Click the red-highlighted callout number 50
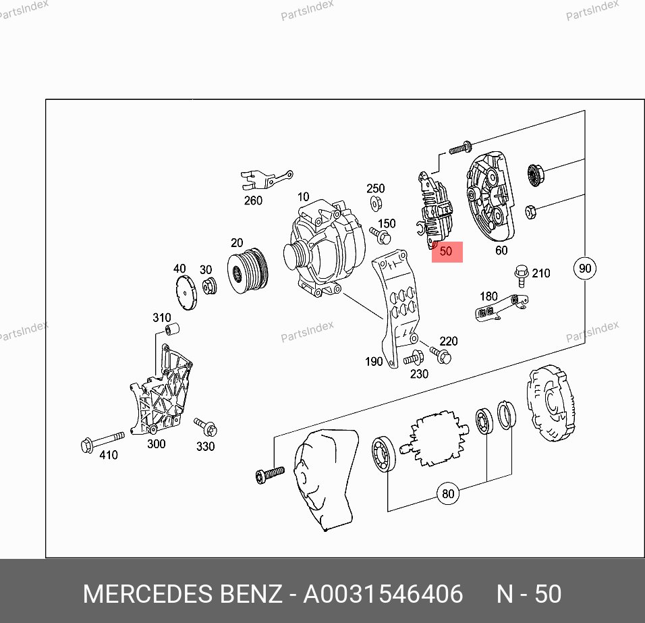(446, 251)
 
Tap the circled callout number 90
(584, 268)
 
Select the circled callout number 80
(447, 493)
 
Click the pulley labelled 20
(248, 271)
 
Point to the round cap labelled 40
(186, 292)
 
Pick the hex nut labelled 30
(209, 286)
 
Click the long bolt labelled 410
(103, 441)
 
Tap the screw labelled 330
(206, 427)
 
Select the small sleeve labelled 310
(172, 329)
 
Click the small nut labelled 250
(375, 203)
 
